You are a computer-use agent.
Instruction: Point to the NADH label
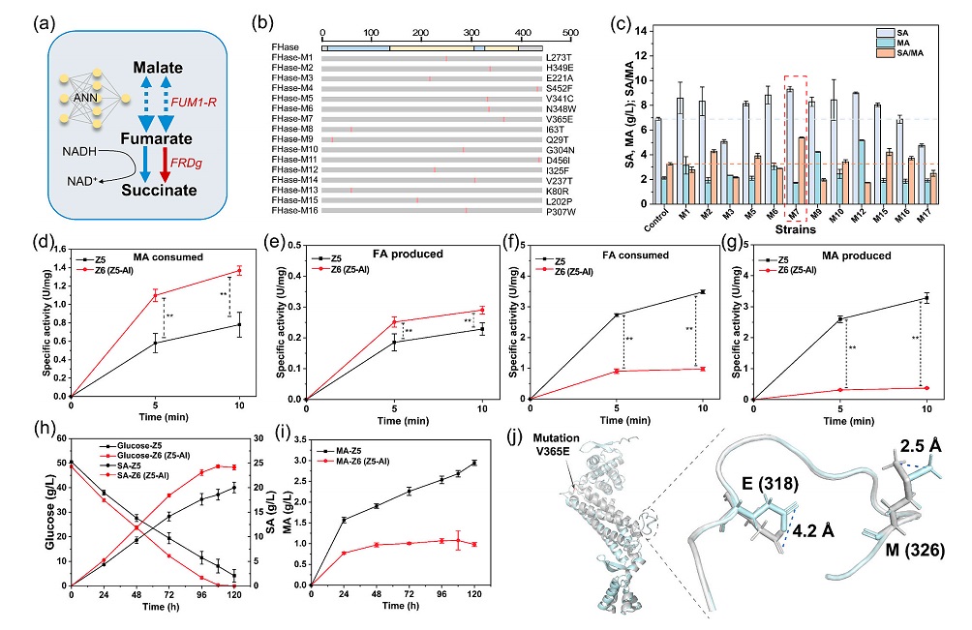click(79, 151)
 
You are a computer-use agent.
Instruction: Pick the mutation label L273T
click(555, 57)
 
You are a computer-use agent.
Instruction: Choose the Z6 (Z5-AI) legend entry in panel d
click(99, 276)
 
